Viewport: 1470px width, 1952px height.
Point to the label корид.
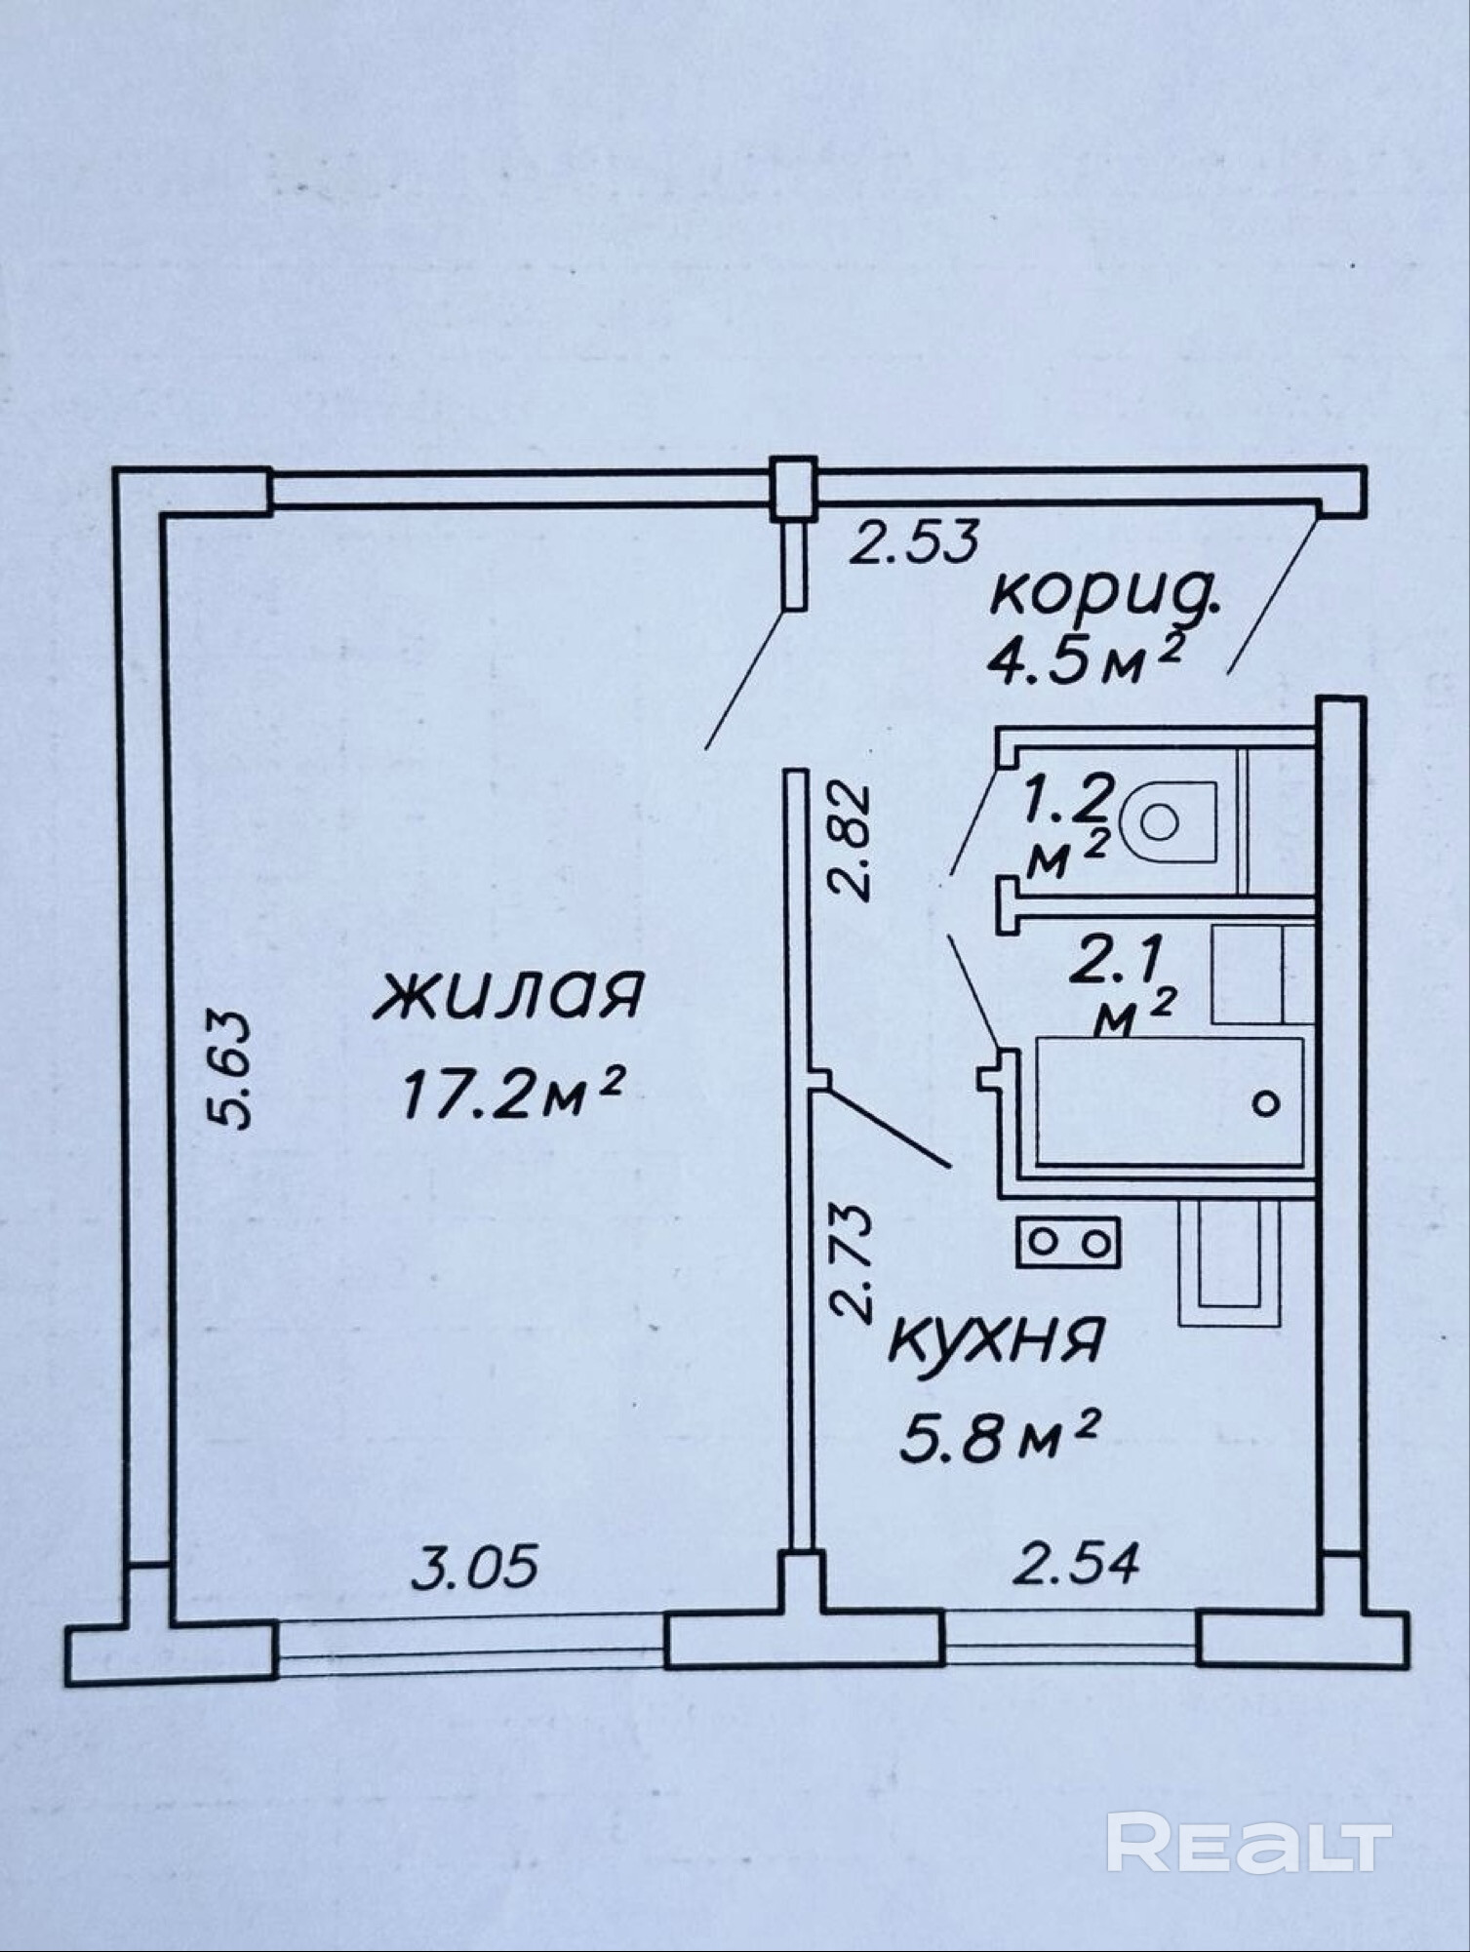click(x=1103, y=594)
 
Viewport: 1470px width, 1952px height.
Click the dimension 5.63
click(x=233, y=1069)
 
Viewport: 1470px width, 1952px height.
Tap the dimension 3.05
click(x=474, y=1569)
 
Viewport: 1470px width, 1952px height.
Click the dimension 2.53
click(x=912, y=541)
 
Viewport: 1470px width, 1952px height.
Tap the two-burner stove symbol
click(x=1068, y=1243)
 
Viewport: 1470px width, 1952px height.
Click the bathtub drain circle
click(x=1266, y=1103)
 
